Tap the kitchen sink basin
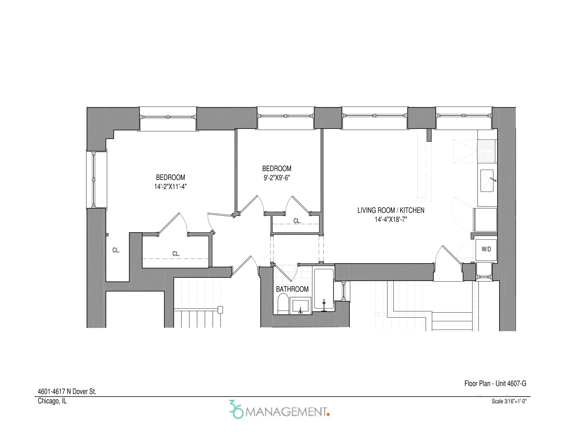(x=487, y=181)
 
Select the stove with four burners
(x=487, y=151)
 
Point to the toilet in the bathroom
(x=283, y=304)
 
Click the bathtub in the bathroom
(x=324, y=289)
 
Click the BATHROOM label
(x=292, y=289)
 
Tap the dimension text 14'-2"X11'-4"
(x=170, y=187)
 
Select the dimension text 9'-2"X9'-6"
(x=277, y=178)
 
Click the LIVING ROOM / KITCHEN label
(x=391, y=210)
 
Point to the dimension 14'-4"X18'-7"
(x=391, y=220)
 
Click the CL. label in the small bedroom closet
(x=297, y=221)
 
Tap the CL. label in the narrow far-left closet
(x=116, y=250)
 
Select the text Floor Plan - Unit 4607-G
(x=495, y=384)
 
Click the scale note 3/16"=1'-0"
(x=509, y=401)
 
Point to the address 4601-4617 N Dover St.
(x=67, y=392)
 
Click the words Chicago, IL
(x=52, y=401)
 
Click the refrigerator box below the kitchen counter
(x=485, y=220)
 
